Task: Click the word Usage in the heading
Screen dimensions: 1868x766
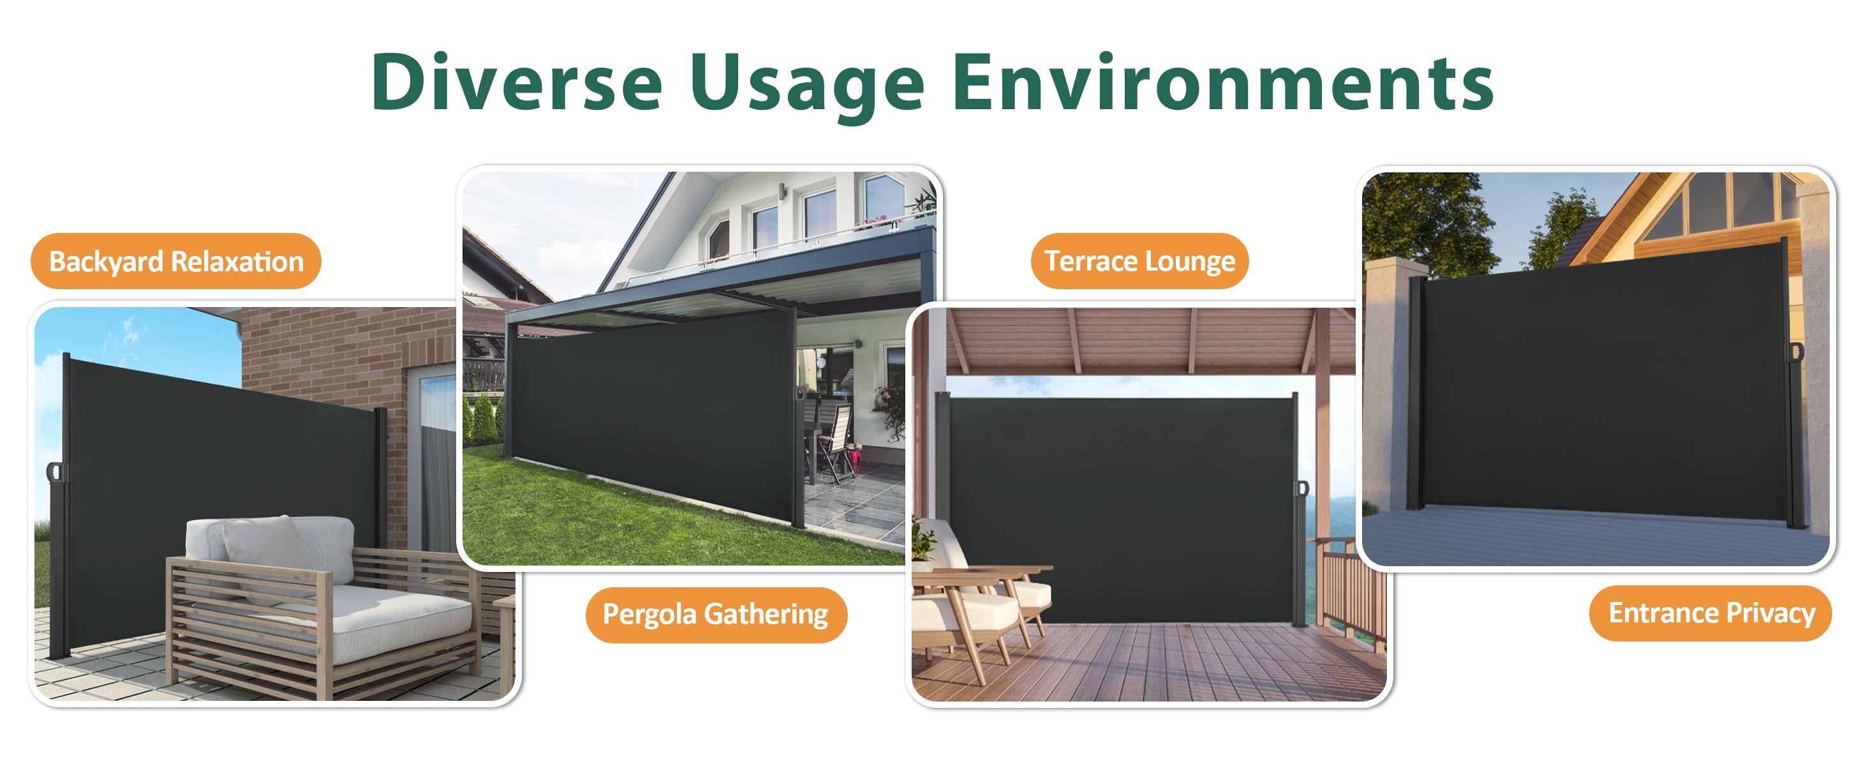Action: (x=807, y=87)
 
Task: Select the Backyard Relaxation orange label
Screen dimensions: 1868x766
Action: (x=175, y=261)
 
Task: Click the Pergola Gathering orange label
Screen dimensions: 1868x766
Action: (x=716, y=614)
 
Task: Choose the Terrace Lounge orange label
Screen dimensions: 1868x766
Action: (x=1139, y=261)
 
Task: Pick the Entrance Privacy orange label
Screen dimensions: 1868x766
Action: (x=1710, y=613)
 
